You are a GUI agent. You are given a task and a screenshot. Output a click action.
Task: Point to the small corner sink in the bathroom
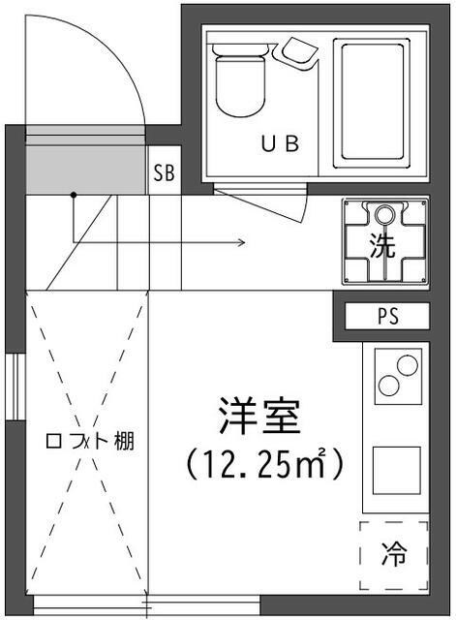click(x=298, y=52)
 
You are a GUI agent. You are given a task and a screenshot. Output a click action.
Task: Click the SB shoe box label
click(x=164, y=174)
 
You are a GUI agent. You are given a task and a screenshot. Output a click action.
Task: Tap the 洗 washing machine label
click(x=383, y=245)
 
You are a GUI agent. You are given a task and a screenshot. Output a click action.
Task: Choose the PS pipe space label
click(x=387, y=317)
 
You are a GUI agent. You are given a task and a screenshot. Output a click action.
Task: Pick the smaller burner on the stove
click(x=389, y=385)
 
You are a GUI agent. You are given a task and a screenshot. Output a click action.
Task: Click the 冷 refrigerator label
click(x=393, y=556)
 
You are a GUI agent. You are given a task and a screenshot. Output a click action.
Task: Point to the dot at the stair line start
click(x=73, y=195)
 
